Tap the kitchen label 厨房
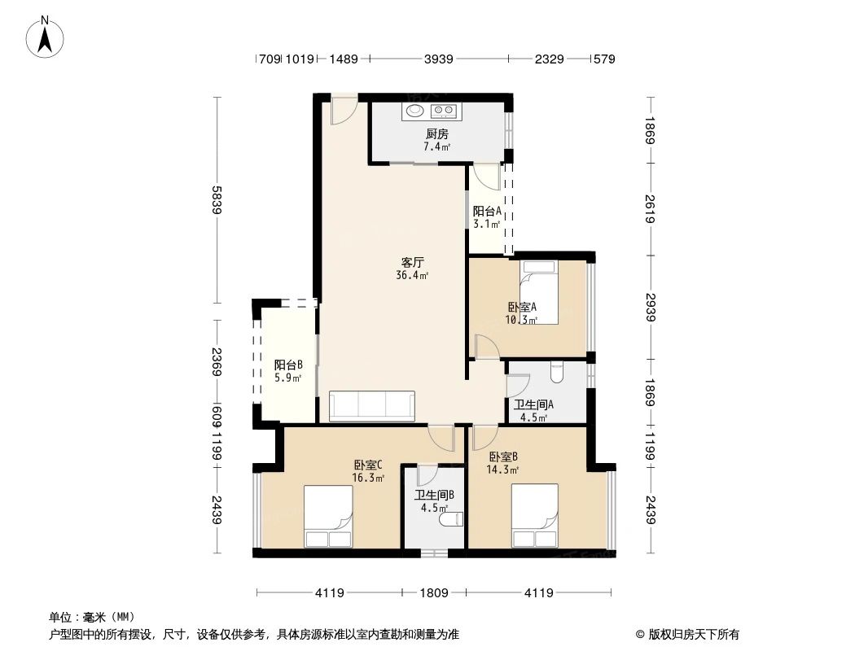pyautogui.click(x=436, y=133)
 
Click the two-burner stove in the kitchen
pyautogui.click(x=444, y=111)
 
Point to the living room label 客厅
pyautogui.click(x=412, y=262)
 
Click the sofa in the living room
pyautogui.click(x=372, y=406)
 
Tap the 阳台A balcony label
pyautogui.click(x=486, y=211)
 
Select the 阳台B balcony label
pyautogui.click(x=288, y=365)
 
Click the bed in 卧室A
pyautogui.click(x=538, y=291)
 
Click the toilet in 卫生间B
pyautogui.click(x=450, y=518)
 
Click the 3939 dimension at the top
pyautogui.click(x=438, y=59)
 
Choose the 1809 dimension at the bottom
pyautogui.click(x=434, y=593)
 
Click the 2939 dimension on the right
pyautogui.click(x=650, y=307)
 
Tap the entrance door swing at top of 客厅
pyautogui.click(x=344, y=112)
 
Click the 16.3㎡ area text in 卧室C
pyautogui.click(x=368, y=478)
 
